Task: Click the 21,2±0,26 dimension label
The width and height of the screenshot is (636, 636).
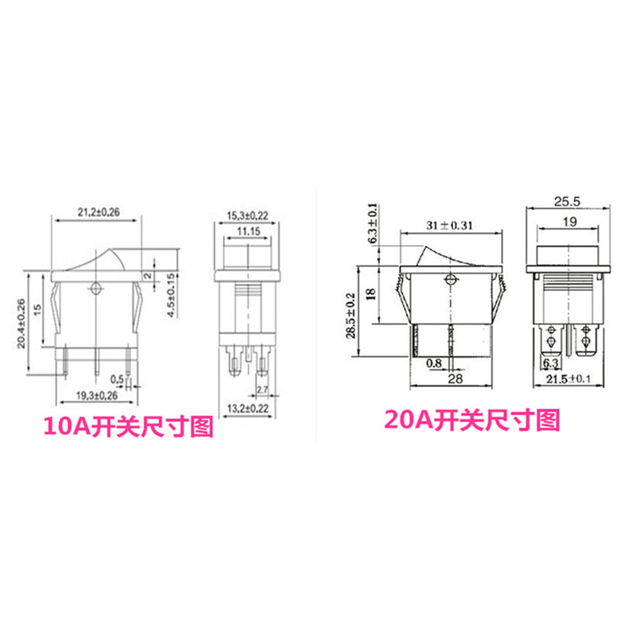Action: [x=98, y=213]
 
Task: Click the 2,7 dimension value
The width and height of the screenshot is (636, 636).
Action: [x=263, y=390]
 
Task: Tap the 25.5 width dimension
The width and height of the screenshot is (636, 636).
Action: [x=568, y=199]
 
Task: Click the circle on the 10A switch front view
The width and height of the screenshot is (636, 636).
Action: [x=96, y=288]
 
